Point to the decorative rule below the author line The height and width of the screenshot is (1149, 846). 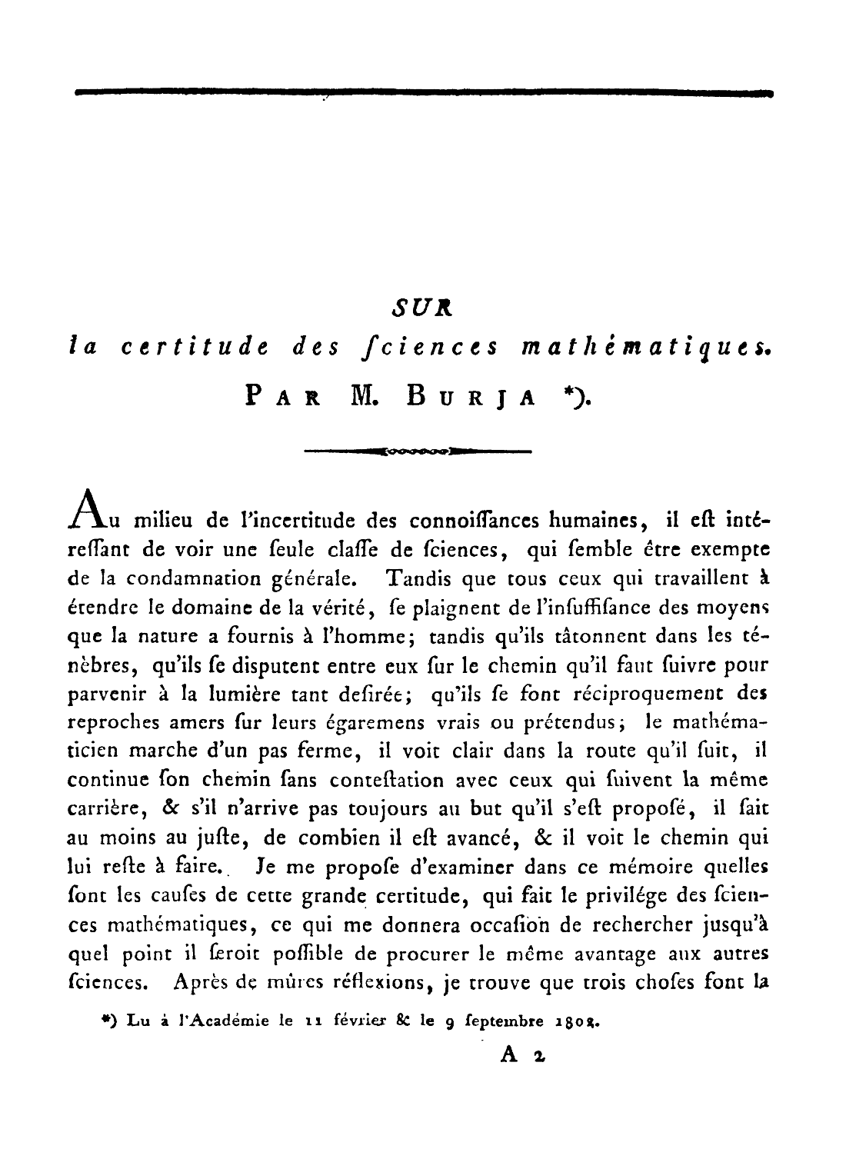(x=418, y=450)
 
